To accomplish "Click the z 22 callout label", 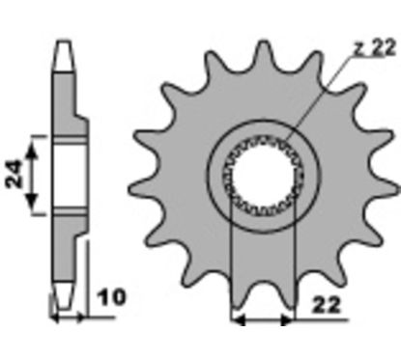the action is (374, 48).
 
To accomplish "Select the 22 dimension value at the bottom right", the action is (327, 305).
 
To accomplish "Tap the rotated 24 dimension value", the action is (15, 174).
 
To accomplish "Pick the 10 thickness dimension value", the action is (112, 297).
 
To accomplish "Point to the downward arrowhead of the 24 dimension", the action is (32, 201).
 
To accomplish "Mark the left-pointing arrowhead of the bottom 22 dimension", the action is (239, 320).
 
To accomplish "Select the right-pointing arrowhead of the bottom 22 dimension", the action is (287, 320).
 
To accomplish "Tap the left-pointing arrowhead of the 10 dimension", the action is (55, 318).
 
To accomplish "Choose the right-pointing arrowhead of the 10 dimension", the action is (81, 318).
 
